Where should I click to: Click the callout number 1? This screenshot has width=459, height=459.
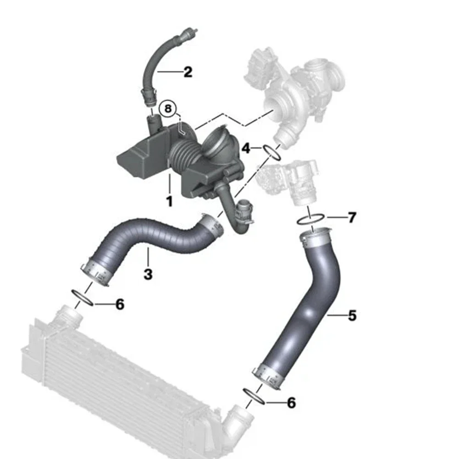169,202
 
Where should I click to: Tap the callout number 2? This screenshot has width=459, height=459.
188,72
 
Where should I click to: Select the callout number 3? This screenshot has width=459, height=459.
148,274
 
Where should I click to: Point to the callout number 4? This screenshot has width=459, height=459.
246,149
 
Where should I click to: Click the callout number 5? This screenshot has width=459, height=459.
353,315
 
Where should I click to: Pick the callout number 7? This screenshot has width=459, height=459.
352,217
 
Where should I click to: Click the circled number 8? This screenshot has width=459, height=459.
168,109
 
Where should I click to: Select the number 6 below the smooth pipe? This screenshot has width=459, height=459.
291,403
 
